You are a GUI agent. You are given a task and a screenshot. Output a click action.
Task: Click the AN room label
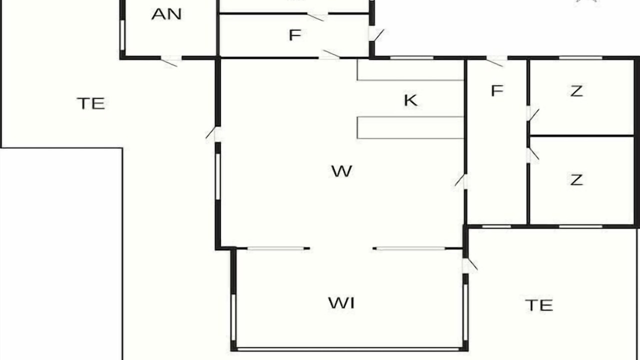click(x=166, y=14)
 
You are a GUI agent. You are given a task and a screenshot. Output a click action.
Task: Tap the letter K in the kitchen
click(x=410, y=100)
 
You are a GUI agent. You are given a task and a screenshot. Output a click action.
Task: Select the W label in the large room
click(x=341, y=171)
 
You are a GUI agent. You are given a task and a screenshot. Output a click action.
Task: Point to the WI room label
click(x=341, y=303)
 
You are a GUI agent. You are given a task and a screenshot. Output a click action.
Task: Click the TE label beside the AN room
click(x=91, y=103)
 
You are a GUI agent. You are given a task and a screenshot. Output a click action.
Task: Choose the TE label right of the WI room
click(x=539, y=305)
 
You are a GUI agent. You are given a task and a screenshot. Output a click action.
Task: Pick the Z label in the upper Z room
click(x=576, y=91)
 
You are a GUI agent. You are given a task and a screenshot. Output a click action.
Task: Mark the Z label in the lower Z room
click(x=576, y=179)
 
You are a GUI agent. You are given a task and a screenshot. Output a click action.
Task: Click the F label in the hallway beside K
click(x=497, y=90)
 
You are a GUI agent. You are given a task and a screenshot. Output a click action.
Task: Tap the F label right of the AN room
click(x=295, y=35)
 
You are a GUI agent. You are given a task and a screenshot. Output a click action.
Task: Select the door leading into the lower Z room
click(x=532, y=155)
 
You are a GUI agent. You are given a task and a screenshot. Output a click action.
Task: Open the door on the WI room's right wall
click(x=469, y=265)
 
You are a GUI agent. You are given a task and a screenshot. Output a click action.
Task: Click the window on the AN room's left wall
click(x=122, y=35)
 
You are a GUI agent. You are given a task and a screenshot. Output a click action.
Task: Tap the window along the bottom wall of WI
click(x=348, y=349)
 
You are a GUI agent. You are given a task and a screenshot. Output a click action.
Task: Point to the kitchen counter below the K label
click(x=410, y=127)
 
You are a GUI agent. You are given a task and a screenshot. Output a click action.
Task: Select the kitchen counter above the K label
click(x=410, y=70)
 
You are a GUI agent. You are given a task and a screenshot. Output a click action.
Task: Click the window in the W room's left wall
click(x=217, y=176)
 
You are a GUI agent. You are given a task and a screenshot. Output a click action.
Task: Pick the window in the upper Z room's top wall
click(x=580, y=58)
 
